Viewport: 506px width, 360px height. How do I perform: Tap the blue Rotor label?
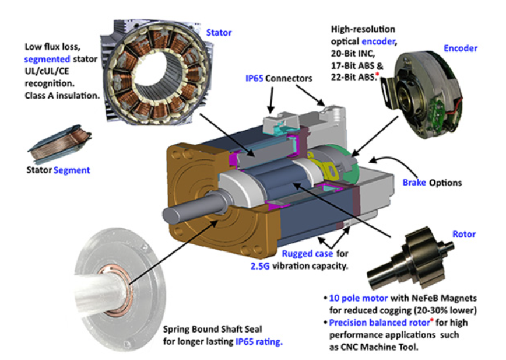point(463,235)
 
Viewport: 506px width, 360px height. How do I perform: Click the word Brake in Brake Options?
point(414,183)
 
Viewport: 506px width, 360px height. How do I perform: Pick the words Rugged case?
point(307,254)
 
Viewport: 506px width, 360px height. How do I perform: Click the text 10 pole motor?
point(354,296)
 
